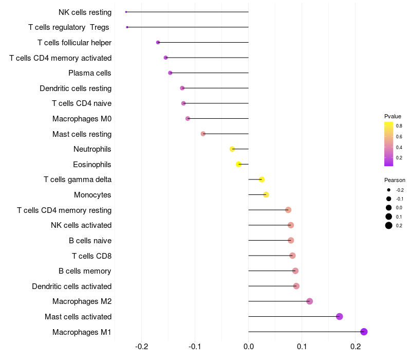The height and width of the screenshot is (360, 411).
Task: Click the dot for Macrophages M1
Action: coord(364,332)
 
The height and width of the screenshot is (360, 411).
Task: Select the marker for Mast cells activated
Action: coord(340,316)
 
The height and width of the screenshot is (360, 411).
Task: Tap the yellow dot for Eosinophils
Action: coord(238,164)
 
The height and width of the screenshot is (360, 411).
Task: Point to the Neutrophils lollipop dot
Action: coord(232,149)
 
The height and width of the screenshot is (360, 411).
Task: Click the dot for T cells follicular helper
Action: coord(158,42)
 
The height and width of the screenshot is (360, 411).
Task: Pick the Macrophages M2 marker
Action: coord(309,301)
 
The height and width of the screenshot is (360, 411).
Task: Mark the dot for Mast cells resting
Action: coord(203,134)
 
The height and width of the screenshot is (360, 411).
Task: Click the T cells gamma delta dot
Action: coord(261,179)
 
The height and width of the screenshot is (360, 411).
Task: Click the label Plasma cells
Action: coord(90,73)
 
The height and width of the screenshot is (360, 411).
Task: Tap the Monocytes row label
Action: coord(92,195)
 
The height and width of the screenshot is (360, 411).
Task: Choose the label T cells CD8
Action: coord(91,256)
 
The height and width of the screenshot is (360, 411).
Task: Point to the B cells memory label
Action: coord(85,271)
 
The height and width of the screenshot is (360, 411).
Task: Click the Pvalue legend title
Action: coord(393,116)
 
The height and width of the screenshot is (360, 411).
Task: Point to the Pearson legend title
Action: coord(395,181)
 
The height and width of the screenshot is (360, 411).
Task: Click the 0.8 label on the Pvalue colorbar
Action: coord(399,125)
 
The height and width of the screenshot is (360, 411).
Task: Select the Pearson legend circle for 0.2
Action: coord(389,225)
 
